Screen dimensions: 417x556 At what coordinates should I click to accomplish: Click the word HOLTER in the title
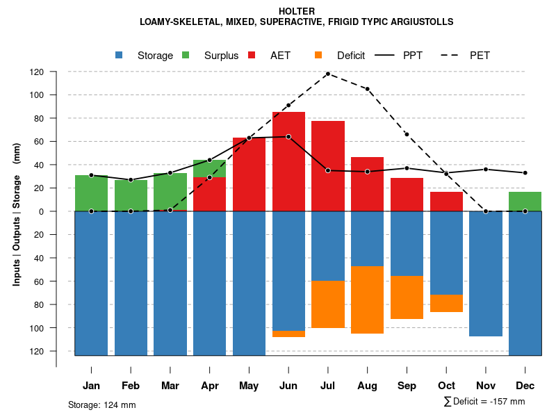296,11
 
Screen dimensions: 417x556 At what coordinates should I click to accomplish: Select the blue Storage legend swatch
120,55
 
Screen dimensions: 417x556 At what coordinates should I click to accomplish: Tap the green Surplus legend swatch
186,55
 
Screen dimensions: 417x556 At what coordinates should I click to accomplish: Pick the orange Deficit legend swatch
318,55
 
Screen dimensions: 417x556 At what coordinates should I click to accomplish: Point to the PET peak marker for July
327,74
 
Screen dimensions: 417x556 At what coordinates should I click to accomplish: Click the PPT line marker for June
288,137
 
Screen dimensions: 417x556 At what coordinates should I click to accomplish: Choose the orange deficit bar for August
367,300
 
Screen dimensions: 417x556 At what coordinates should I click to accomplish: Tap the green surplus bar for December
525,202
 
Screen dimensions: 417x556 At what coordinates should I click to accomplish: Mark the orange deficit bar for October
446,303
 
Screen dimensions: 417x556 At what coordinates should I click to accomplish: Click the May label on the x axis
249,386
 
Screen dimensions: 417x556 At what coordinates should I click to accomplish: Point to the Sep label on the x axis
407,386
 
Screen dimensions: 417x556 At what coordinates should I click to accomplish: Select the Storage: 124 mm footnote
101,404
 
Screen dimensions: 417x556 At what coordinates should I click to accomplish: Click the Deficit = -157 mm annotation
484,402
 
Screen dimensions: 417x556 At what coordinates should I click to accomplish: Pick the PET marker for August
367,89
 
